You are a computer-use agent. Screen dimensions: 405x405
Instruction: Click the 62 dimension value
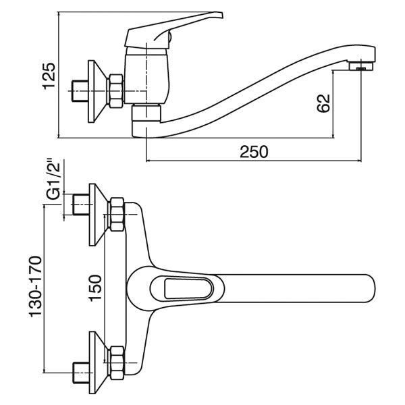click(324, 103)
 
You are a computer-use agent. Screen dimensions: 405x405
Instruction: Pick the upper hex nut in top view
click(116, 215)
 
